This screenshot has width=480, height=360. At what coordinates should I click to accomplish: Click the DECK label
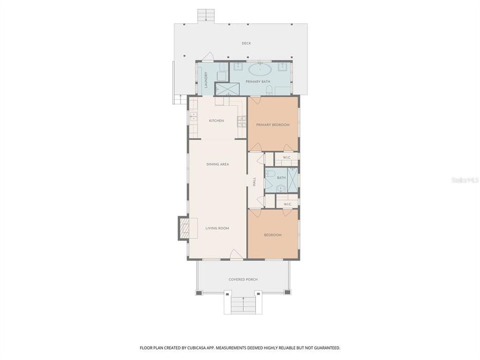[246, 43]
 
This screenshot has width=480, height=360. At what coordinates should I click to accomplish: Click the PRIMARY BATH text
[258, 81]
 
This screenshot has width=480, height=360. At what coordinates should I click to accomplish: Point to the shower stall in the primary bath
[227, 89]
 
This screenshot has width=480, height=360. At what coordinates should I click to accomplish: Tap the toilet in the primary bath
[269, 90]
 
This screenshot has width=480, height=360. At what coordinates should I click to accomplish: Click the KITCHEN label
[216, 120]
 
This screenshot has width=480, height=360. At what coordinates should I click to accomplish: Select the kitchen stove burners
[241, 120]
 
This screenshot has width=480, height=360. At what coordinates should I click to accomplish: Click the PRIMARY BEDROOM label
[272, 124]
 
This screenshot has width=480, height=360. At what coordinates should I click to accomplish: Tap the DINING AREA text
[217, 164]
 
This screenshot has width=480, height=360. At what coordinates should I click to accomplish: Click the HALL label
[254, 182]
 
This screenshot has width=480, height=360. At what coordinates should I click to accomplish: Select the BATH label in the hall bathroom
[281, 177]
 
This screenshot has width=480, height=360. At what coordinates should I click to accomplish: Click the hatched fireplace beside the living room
[184, 229]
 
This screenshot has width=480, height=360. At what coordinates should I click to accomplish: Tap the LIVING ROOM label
[217, 228]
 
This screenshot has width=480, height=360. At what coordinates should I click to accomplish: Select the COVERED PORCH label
[243, 279]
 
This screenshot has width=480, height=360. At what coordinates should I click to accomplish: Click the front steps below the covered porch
[243, 304]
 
